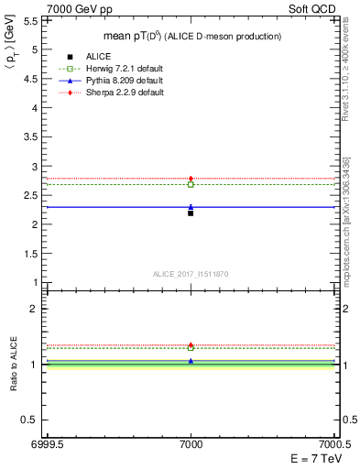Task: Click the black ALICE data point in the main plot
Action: pyautogui.click(x=191, y=213)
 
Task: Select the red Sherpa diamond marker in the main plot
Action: pyautogui.click(x=191, y=178)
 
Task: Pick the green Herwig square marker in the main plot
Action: pyautogui.click(x=191, y=184)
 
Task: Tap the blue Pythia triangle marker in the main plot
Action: pyautogui.click(x=191, y=207)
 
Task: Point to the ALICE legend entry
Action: pyautogui.click(x=96, y=57)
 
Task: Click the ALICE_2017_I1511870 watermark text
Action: pyautogui.click(x=191, y=274)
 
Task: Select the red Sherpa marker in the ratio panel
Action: pyautogui.click(x=191, y=345)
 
